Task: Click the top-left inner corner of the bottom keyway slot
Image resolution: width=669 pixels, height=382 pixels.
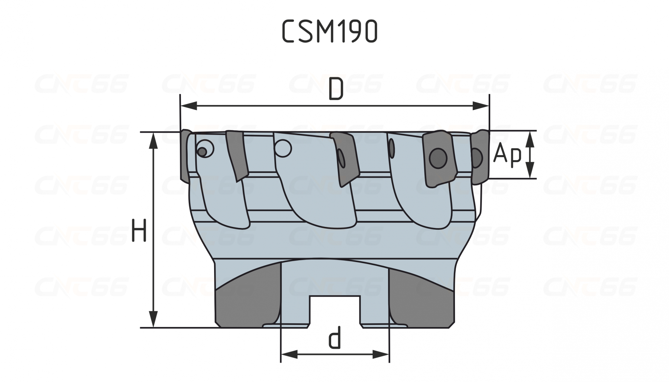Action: (x=311, y=296)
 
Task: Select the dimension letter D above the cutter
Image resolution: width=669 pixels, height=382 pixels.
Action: (x=336, y=89)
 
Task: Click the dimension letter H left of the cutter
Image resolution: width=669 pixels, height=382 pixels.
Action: (x=140, y=231)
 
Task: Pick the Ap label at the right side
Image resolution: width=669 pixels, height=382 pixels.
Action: (x=508, y=154)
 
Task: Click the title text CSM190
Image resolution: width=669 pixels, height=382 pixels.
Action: (x=330, y=31)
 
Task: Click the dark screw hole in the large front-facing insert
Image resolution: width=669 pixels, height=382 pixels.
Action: (x=438, y=159)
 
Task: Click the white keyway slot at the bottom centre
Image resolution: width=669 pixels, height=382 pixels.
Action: (x=335, y=311)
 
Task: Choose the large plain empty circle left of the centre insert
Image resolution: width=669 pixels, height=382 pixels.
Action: (x=283, y=148)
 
